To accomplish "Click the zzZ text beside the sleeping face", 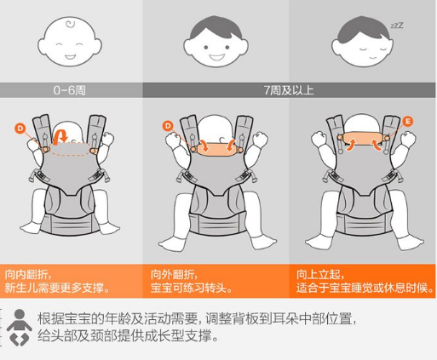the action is (x=397, y=26).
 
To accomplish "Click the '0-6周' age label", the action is (x=69, y=90).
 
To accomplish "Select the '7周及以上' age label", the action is (x=289, y=90).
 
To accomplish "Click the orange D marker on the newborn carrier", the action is (x=20, y=129).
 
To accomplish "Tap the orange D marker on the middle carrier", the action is (x=168, y=126).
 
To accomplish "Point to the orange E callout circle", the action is (x=408, y=122).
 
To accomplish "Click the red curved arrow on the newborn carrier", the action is (x=60, y=136).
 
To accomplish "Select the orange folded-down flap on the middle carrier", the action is (x=217, y=149).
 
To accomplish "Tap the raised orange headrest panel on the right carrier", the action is (x=364, y=139).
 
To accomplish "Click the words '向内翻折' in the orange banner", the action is (x=26, y=275).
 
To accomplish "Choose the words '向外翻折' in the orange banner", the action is (x=172, y=275).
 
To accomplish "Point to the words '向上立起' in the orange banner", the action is (x=319, y=275).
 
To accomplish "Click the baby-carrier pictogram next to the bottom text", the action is (x=20, y=327).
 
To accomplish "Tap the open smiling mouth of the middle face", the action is (x=216, y=57).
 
